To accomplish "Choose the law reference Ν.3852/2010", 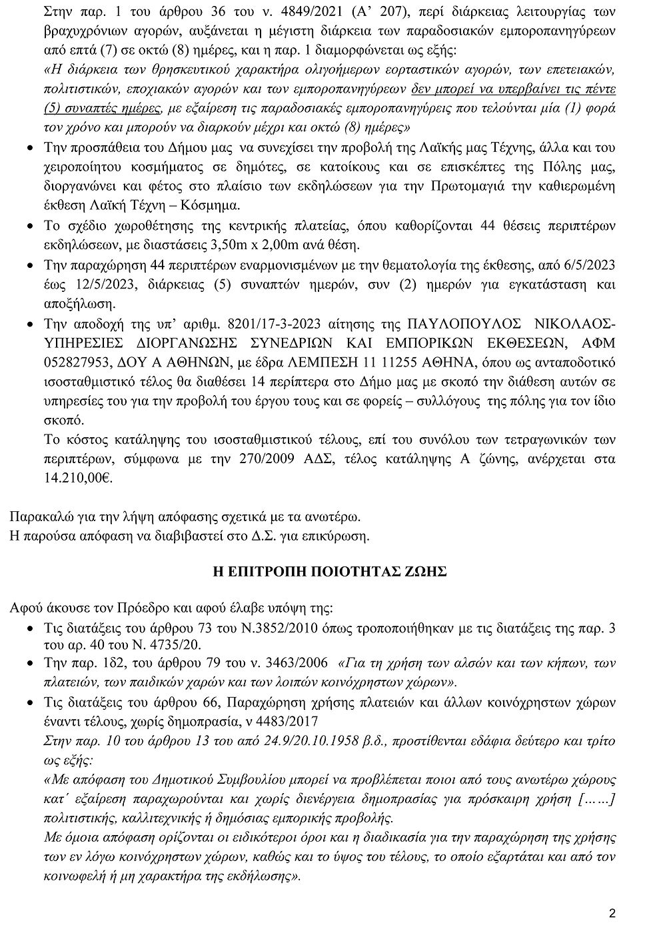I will click(291, 628).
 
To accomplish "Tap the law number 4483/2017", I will click(287, 722).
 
